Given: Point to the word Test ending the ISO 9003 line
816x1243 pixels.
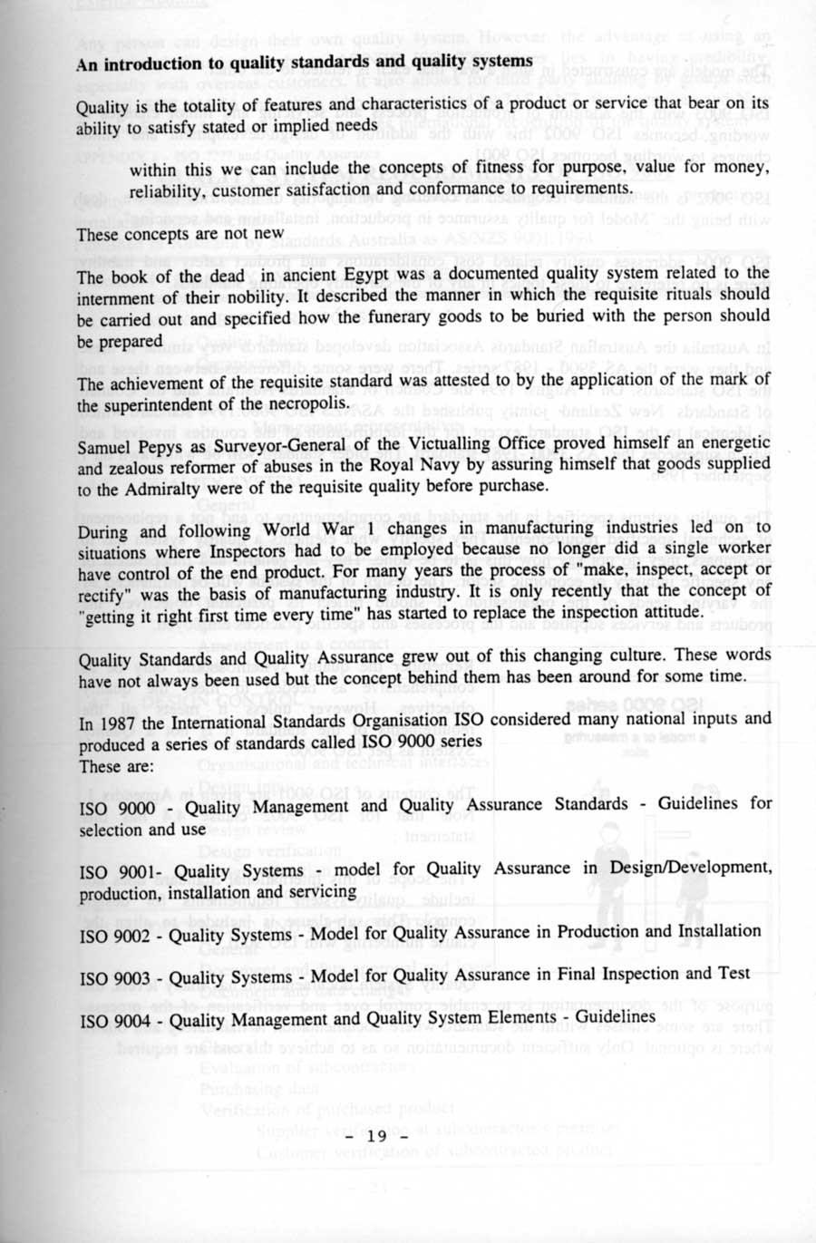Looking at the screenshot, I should [733, 973].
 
